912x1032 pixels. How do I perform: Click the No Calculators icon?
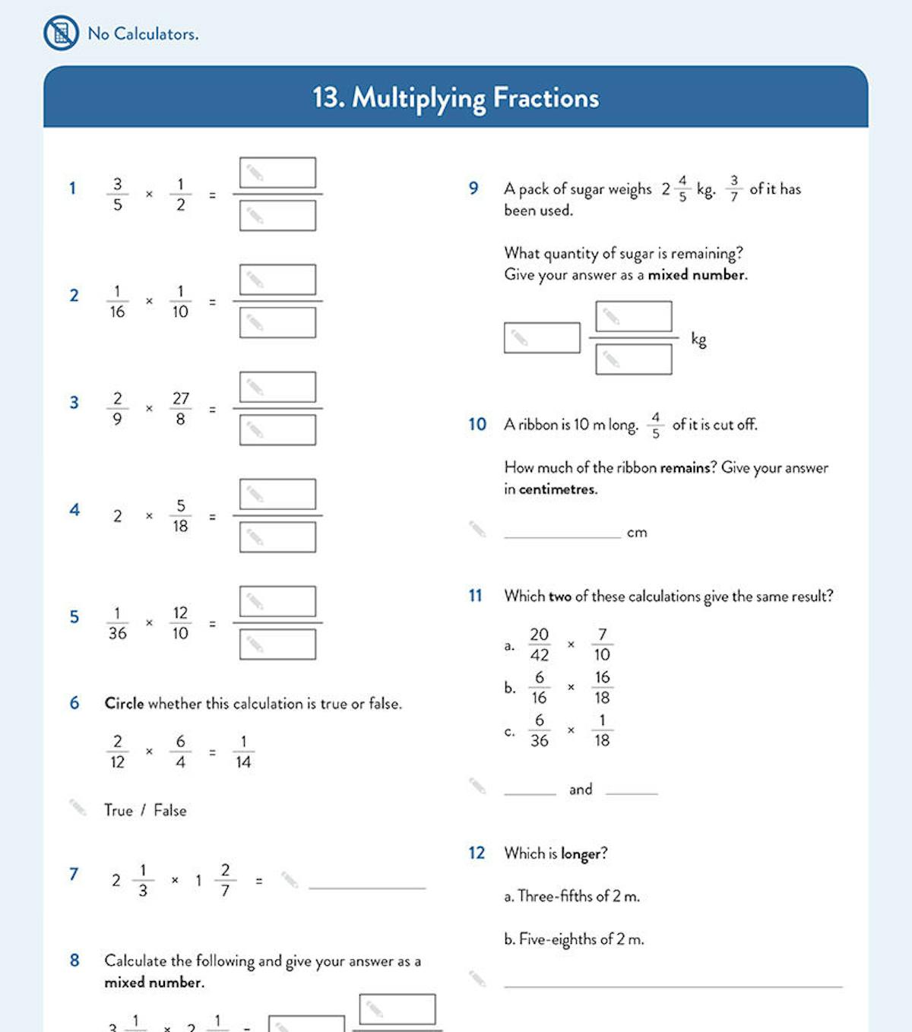pyautogui.click(x=61, y=33)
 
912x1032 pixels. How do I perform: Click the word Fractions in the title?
pyautogui.click(x=546, y=98)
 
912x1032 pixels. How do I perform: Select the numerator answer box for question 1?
pyautogui.click(x=277, y=173)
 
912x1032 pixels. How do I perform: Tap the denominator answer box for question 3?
pyautogui.click(x=277, y=430)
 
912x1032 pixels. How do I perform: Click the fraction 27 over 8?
pyautogui.click(x=180, y=409)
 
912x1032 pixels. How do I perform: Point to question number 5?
pyautogui.click(x=74, y=616)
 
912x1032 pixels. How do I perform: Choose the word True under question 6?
pyautogui.click(x=119, y=810)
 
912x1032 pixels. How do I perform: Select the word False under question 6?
pyautogui.click(x=169, y=810)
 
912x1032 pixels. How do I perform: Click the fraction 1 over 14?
pyautogui.click(x=243, y=752)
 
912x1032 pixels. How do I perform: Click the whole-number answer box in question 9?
pyautogui.click(x=542, y=337)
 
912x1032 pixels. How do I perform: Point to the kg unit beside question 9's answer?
pyautogui.click(x=698, y=339)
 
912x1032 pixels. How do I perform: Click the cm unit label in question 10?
pyautogui.click(x=637, y=533)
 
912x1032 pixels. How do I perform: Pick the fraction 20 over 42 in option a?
pyautogui.click(x=539, y=644)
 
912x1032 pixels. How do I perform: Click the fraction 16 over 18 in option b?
pyautogui.click(x=602, y=687)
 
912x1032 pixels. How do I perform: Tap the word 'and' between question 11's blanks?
pyautogui.click(x=581, y=790)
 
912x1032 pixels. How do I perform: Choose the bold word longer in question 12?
pyautogui.click(x=583, y=853)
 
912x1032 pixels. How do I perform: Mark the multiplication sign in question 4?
pyautogui.click(x=149, y=516)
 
